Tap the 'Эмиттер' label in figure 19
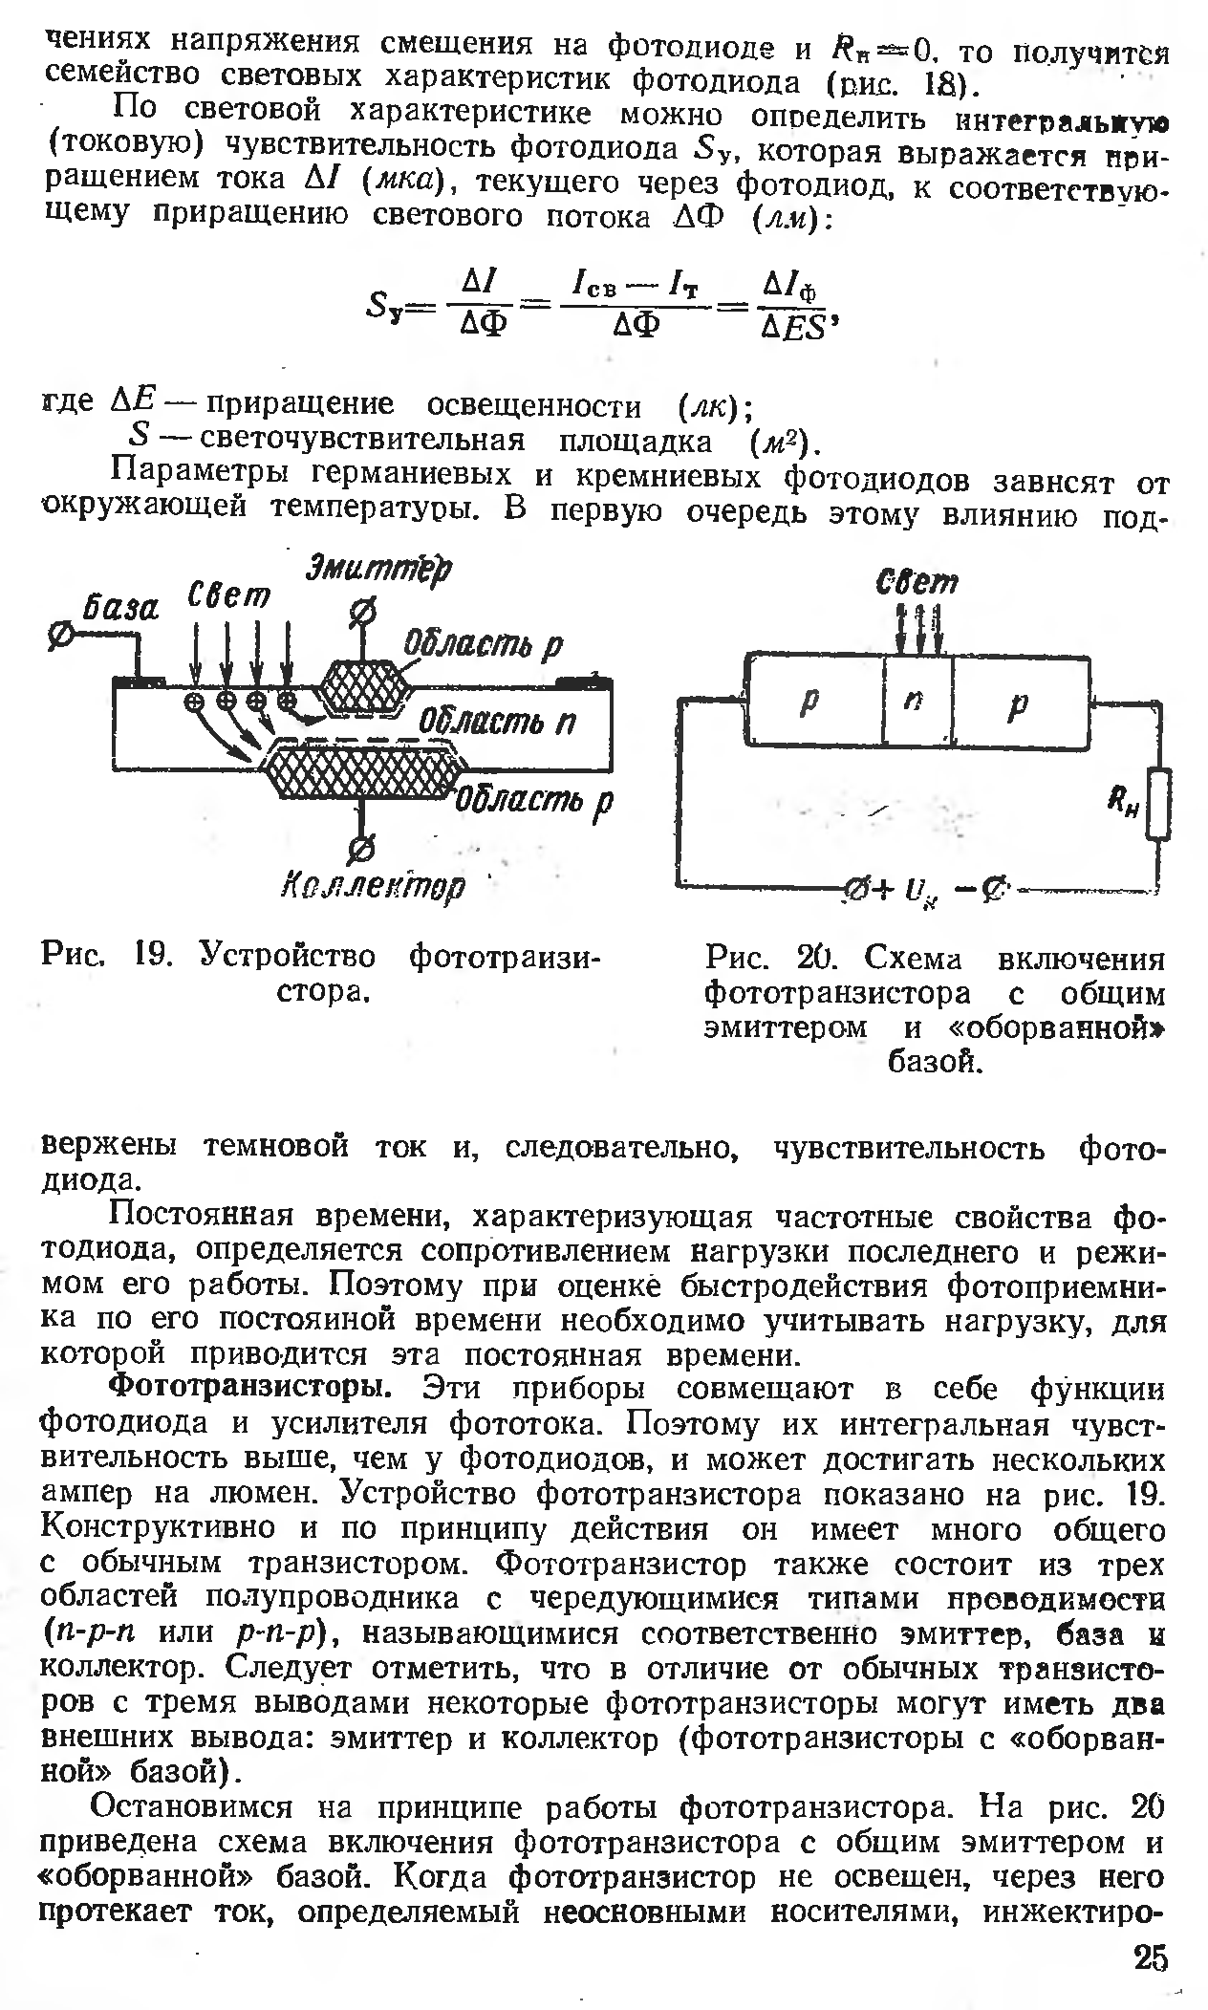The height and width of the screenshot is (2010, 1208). pyautogui.click(x=378, y=571)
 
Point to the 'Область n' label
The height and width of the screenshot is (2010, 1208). pyautogui.click(x=498, y=723)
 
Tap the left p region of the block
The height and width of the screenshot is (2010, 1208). pyautogui.click(x=811, y=702)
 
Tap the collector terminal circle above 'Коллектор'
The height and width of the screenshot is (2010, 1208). pyautogui.click(x=363, y=847)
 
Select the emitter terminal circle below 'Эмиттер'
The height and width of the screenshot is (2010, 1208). pyautogui.click(x=364, y=612)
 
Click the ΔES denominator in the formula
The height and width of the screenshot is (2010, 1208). pyautogui.click(x=792, y=328)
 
